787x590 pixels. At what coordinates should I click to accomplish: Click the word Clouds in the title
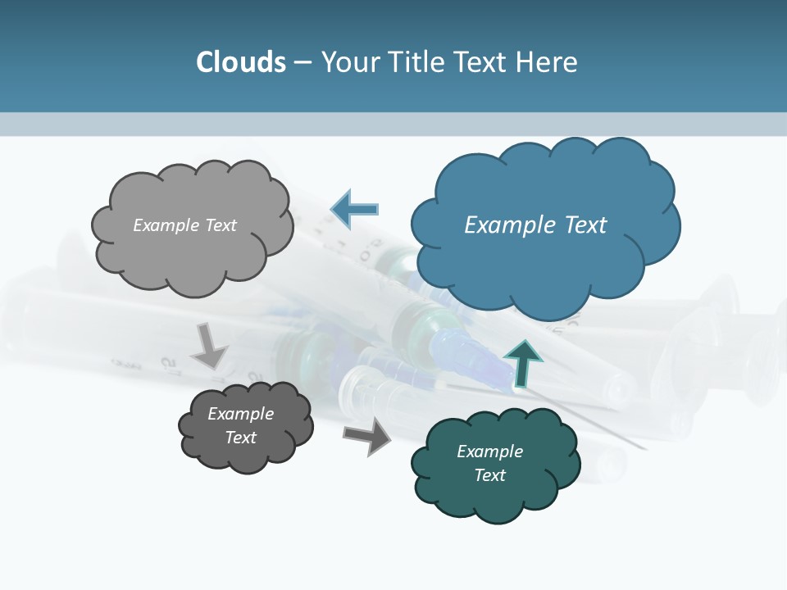[x=241, y=61]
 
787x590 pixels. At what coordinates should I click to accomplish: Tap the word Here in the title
[x=548, y=61]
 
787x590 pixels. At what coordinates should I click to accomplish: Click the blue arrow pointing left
[x=354, y=210]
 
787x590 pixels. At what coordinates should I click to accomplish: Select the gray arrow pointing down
[x=210, y=346]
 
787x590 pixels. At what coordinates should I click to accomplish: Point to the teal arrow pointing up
[x=523, y=363]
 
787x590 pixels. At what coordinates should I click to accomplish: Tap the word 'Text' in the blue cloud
[x=585, y=225]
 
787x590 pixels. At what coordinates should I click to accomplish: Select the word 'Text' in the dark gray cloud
[x=241, y=438]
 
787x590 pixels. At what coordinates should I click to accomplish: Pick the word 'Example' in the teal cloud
[x=489, y=452]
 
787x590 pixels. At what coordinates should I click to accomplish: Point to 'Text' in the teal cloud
[x=489, y=475]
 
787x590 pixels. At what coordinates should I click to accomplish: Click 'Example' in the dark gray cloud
[x=241, y=414]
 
